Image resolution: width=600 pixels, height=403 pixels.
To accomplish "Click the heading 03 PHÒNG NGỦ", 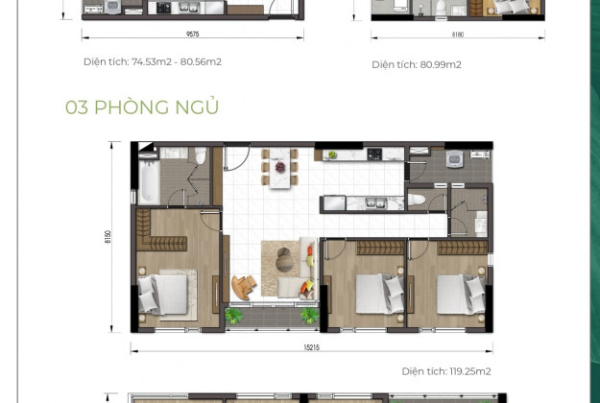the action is pyautogui.click(x=142, y=107).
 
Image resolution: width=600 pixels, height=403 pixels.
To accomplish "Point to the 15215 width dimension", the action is pyautogui.click(x=311, y=347).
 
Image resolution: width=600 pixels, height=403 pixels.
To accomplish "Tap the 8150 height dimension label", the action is pyautogui.click(x=108, y=237).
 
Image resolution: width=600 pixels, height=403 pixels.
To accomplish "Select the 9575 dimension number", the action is pyautogui.click(x=192, y=34).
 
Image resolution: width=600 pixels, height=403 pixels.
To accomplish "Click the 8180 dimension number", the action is pyautogui.click(x=458, y=35).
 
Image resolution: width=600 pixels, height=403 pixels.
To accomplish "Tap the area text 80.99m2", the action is pyautogui.click(x=441, y=64).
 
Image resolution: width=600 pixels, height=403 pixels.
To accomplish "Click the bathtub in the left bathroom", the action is pyautogui.click(x=149, y=182).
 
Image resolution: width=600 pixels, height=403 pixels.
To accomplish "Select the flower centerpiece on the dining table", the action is pyautogui.click(x=280, y=167).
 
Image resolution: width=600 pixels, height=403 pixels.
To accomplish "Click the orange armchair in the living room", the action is pyautogui.click(x=244, y=287).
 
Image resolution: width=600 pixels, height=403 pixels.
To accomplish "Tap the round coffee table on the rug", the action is pyautogui.click(x=284, y=260).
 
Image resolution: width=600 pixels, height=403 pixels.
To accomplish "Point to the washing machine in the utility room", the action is pyautogui.click(x=455, y=158).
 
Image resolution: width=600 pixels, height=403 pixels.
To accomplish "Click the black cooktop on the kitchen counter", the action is pyautogui.click(x=374, y=154).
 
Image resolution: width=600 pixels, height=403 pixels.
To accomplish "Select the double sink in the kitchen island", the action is pyautogui.click(x=375, y=203).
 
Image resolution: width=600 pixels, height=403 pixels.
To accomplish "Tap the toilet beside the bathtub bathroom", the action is pyautogui.click(x=200, y=155).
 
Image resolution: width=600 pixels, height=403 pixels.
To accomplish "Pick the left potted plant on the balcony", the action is pyautogui.click(x=233, y=316).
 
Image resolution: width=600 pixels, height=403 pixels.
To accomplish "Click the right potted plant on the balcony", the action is pyautogui.click(x=309, y=316).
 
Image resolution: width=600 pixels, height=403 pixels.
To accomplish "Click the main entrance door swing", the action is pyautogui.click(x=236, y=159).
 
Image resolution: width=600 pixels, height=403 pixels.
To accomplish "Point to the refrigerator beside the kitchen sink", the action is pyautogui.click(x=333, y=203).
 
